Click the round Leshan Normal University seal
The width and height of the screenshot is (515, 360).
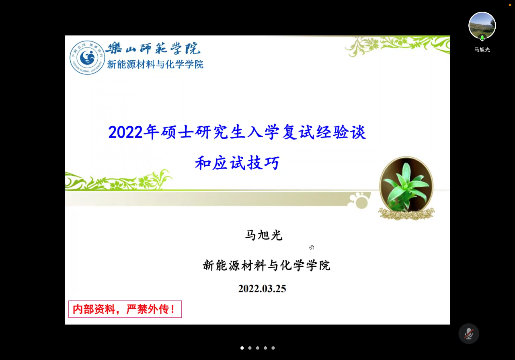(x=87, y=58)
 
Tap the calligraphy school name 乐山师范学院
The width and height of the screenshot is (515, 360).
(x=153, y=48)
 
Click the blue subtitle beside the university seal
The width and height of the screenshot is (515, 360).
(x=155, y=64)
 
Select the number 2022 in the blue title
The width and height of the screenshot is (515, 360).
(x=125, y=132)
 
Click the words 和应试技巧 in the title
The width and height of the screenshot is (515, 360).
(x=237, y=163)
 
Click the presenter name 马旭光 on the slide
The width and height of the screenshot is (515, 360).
(x=264, y=235)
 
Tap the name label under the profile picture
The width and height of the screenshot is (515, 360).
(x=482, y=50)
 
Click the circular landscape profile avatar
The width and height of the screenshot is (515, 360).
(x=482, y=25)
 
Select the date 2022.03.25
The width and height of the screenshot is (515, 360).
(x=262, y=288)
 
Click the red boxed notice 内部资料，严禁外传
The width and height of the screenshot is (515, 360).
(x=125, y=309)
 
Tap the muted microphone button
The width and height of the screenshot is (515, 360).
(x=469, y=333)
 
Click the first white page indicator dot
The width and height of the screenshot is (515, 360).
(x=242, y=348)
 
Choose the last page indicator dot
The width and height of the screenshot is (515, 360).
(x=273, y=348)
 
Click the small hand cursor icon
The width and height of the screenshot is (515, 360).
(x=312, y=247)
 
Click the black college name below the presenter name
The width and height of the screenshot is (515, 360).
(x=267, y=265)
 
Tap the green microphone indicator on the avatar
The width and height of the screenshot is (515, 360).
(x=482, y=38)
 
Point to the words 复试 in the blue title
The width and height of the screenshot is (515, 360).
(x=298, y=132)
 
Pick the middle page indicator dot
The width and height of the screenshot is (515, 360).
(x=258, y=348)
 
